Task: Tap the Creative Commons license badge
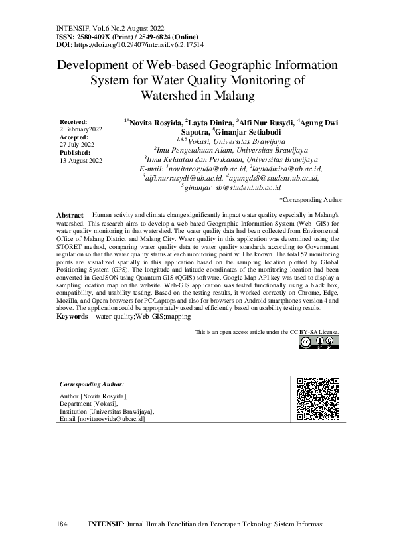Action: coord(316,342)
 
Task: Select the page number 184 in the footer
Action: coord(62,524)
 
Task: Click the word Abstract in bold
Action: coord(69,216)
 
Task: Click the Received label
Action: coord(73,123)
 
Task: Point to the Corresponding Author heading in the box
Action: coord(92,384)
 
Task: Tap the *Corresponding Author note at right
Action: coord(311,199)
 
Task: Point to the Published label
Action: coord(75,153)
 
